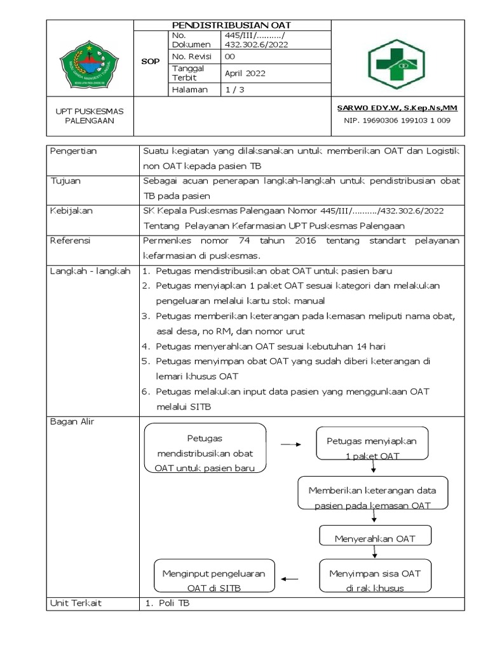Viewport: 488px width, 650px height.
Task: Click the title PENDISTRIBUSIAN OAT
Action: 232,25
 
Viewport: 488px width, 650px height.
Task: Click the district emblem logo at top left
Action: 90,62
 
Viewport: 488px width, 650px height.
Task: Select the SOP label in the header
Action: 150,62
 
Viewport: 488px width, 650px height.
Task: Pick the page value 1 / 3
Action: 234,90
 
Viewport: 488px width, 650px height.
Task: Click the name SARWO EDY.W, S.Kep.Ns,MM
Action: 397,108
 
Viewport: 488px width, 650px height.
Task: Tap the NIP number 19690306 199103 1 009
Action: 397,119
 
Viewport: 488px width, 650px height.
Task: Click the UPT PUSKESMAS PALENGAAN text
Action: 90,116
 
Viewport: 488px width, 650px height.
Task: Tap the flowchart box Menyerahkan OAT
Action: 374,539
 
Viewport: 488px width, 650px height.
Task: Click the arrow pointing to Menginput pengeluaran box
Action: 290,578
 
